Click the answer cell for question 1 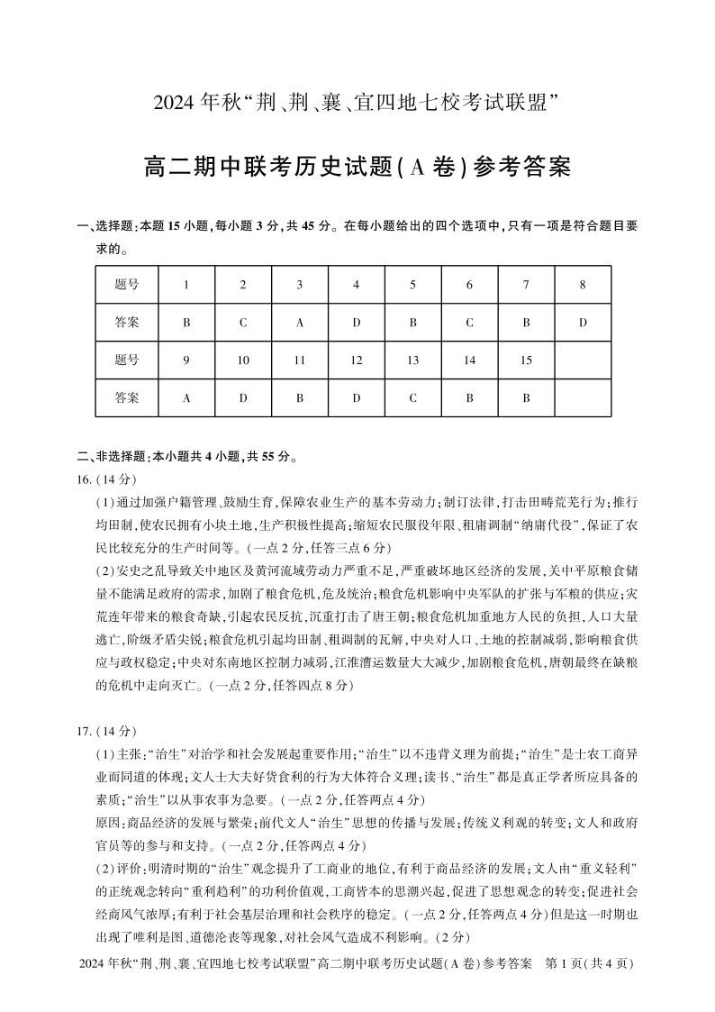[x=186, y=322]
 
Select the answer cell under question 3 [x=300, y=322]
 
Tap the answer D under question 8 [x=583, y=322]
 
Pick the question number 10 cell [x=243, y=360]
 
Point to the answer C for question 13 [x=412, y=397]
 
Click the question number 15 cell [x=526, y=360]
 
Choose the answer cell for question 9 [x=186, y=397]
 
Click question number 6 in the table [x=469, y=285]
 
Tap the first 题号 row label [x=127, y=285]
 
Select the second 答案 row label [x=127, y=397]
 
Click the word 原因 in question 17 [x=107, y=821]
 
